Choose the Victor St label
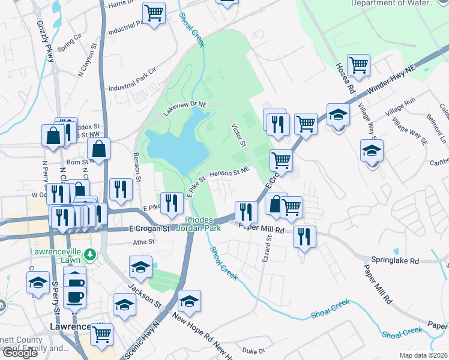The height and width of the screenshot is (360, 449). point(239,135)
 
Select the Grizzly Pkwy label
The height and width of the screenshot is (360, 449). point(47,40)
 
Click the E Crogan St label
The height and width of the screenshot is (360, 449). point(150,229)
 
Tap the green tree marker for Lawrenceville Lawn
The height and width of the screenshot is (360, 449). point(90,255)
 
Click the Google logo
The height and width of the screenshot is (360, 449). point(19,352)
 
